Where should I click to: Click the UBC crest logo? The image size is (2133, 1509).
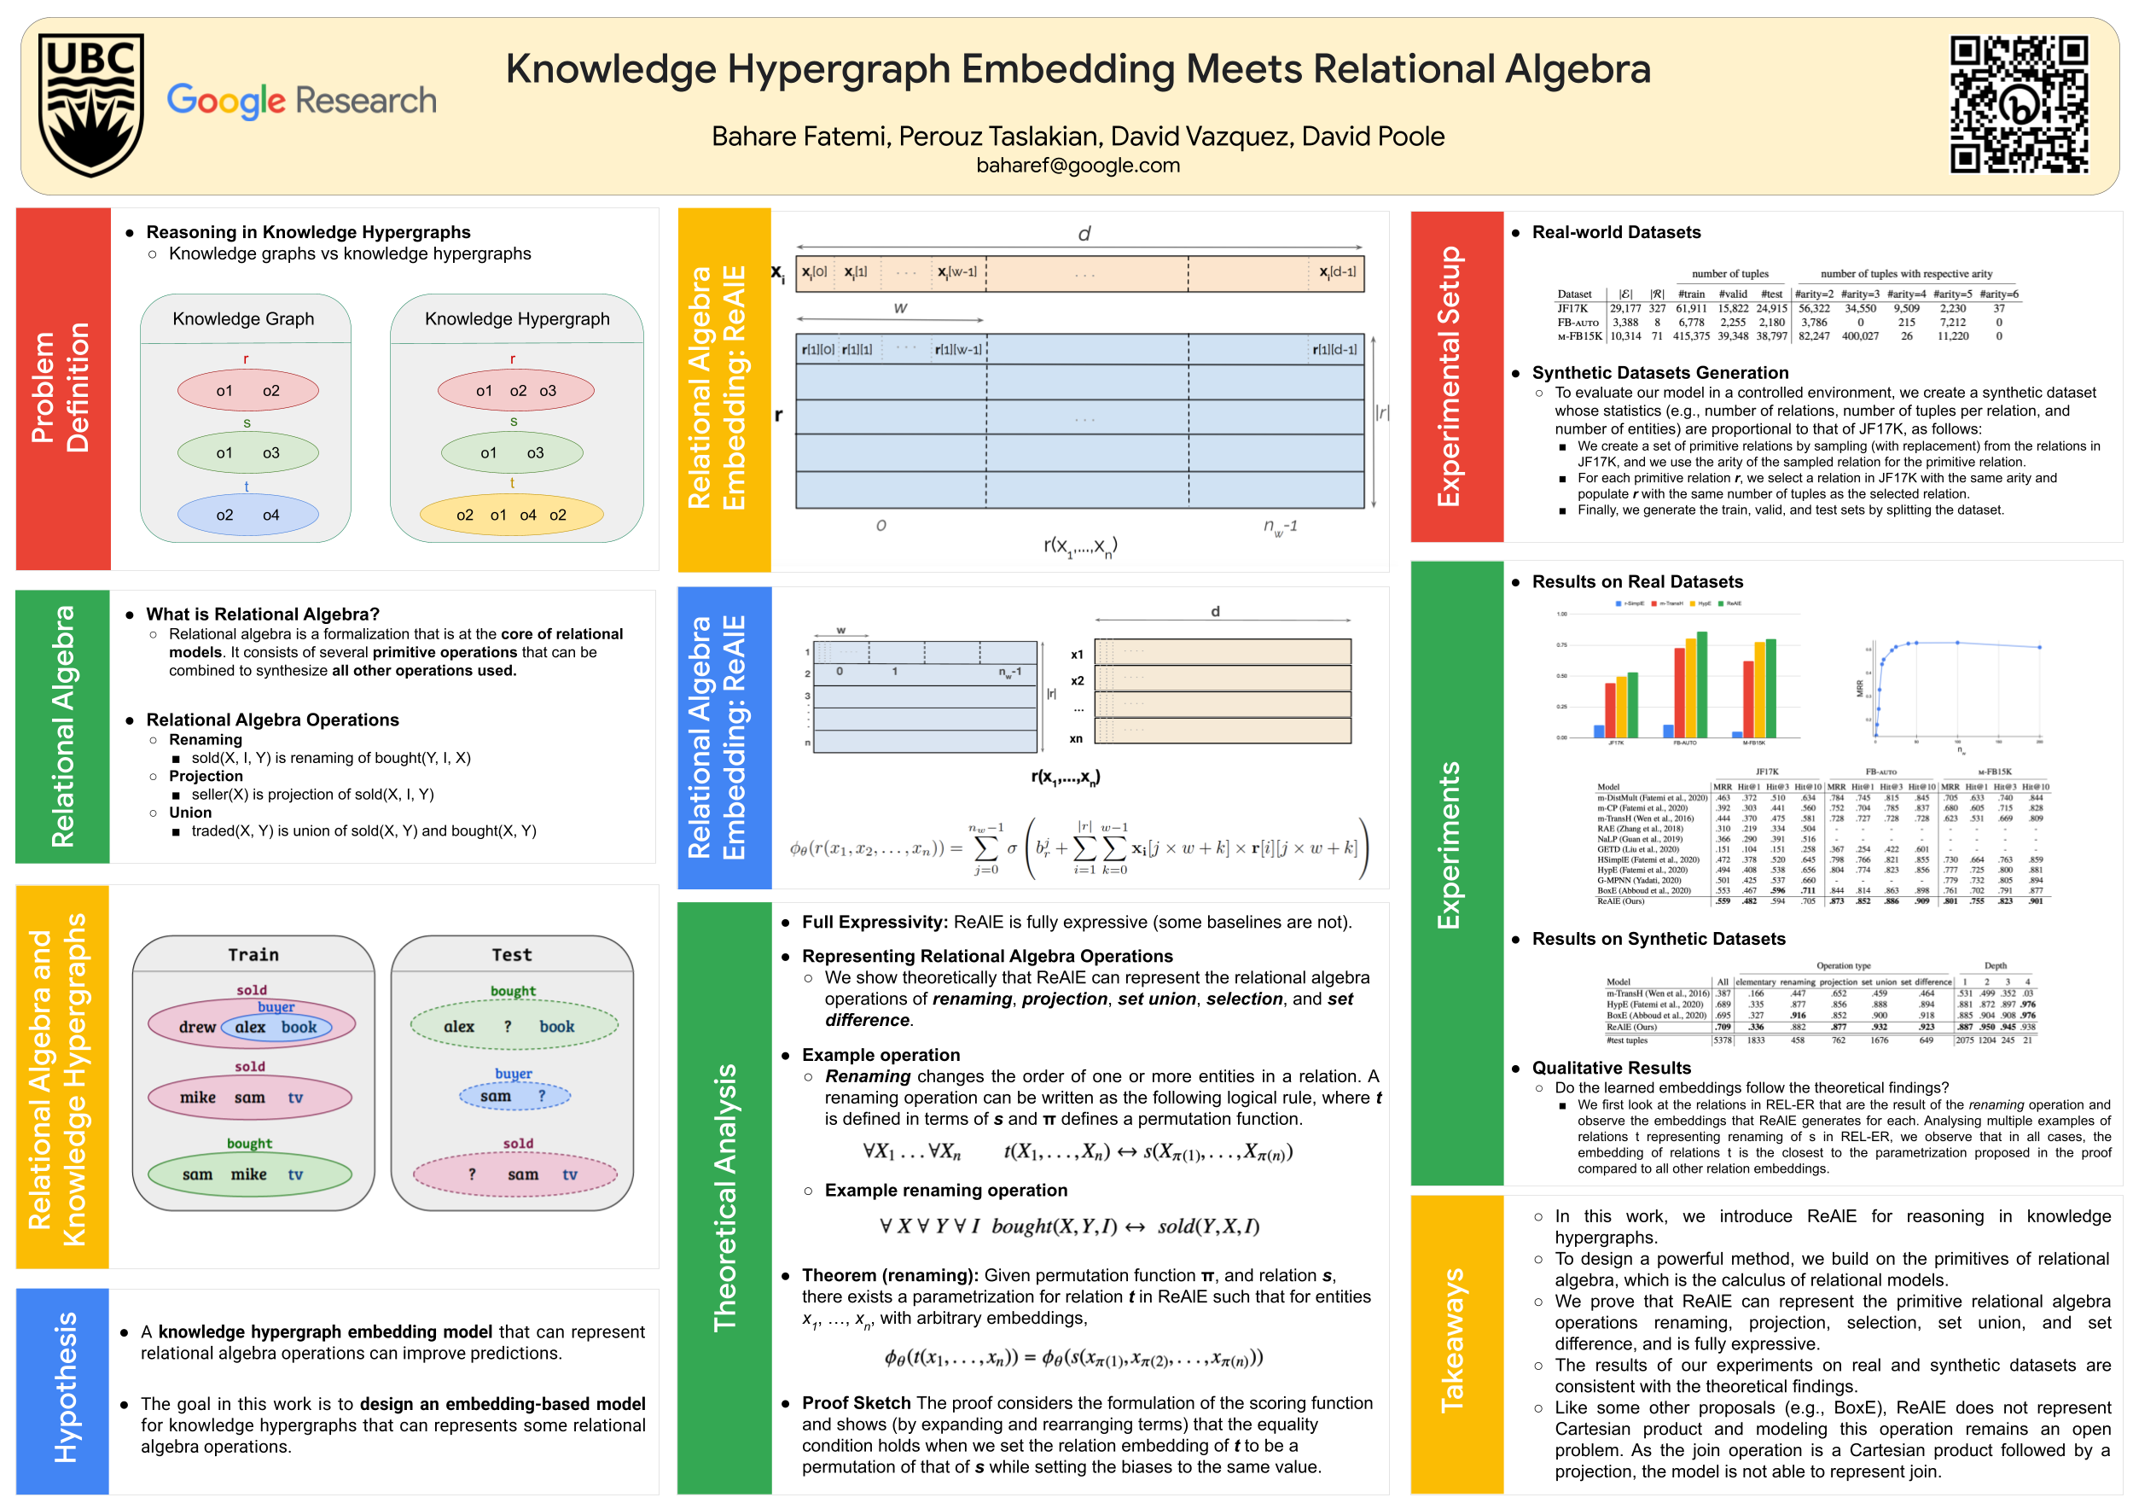91,104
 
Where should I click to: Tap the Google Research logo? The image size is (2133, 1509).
302,101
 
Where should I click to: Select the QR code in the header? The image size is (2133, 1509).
2018,104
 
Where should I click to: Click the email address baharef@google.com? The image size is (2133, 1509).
1078,166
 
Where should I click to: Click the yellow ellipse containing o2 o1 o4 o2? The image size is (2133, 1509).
511,515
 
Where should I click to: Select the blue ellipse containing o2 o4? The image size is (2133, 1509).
247,515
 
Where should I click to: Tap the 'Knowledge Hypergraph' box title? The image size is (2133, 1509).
516,318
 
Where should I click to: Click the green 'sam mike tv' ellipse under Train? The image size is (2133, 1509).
249,1174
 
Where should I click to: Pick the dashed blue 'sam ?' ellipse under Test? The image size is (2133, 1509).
514,1097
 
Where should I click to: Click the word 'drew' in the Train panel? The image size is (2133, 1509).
197,1027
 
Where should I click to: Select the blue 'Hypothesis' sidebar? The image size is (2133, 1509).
62,1390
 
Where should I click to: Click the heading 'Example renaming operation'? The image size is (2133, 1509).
945,1191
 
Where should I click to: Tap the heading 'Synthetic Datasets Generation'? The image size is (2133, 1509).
1659,373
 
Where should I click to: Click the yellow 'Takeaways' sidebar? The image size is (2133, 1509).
1456,1343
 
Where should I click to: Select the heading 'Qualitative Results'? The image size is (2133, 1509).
1611,1068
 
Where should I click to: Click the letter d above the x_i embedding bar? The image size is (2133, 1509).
1084,234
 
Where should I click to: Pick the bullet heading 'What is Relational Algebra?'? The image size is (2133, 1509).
263,615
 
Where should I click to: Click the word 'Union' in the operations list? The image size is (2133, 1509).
190,812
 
